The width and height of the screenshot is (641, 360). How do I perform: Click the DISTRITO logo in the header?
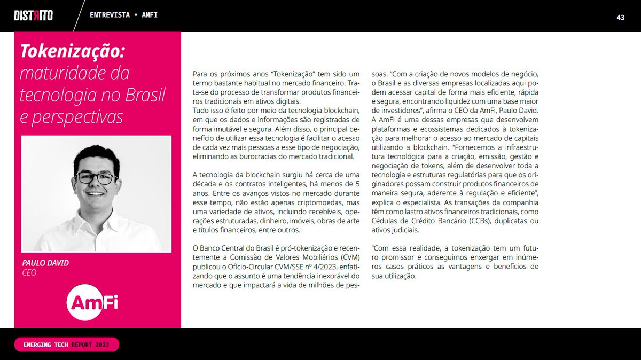click(x=33, y=15)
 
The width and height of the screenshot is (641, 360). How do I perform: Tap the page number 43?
click(x=621, y=17)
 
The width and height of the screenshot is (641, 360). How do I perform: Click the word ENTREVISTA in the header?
click(x=110, y=15)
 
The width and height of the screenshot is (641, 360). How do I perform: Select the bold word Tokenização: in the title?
click(x=72, y=52)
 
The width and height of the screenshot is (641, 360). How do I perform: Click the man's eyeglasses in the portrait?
click(x=96, y=178)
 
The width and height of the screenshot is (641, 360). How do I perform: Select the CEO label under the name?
click(x=29, y=273)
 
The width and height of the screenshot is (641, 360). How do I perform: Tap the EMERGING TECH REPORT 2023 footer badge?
click(x=67, y=345)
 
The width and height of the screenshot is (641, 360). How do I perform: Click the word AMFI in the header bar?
click(x=150, y=15)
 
